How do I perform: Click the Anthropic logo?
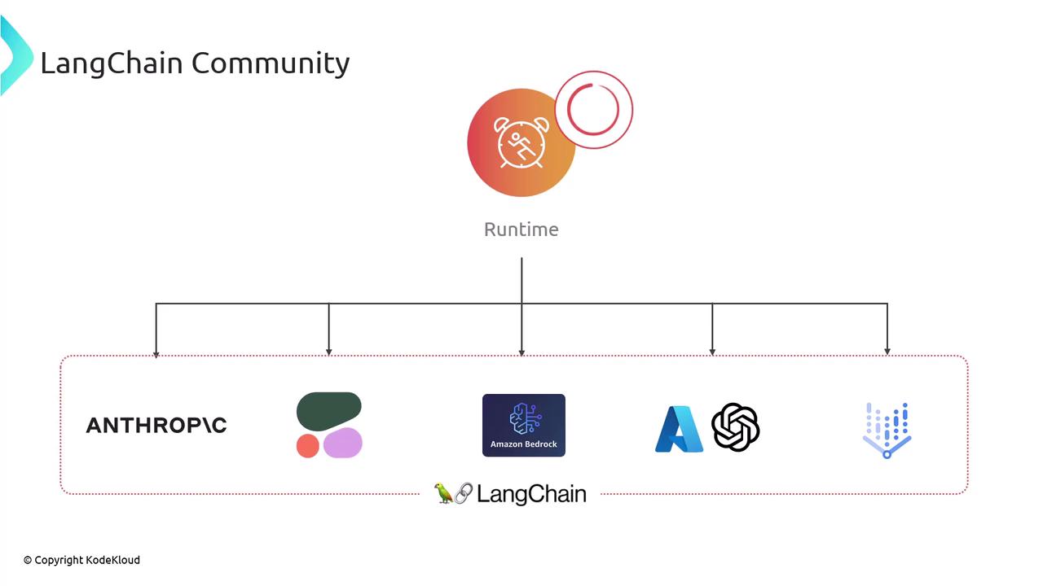click(156, 425)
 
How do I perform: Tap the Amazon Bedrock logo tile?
click(523, 425)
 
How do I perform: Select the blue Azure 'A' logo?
click(679, 429)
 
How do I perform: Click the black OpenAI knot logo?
click(735, 426)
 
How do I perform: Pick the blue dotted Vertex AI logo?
click(887, 430)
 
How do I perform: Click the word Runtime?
click(521, 230)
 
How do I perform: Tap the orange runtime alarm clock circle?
click(521, 143)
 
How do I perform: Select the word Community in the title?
click(271, 63)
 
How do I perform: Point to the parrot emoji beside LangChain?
click(443, 492)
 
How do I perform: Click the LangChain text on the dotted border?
click(531, 494)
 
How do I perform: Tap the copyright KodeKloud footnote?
click(81, 560)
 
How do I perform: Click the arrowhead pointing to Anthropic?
click(156, 352)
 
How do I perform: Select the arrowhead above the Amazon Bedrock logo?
click(521, 352)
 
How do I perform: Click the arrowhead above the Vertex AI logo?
click(887, 352)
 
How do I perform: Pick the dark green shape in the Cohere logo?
click(328, 412)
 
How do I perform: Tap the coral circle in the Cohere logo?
click(307, 446)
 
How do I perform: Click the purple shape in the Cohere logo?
click(343, 443)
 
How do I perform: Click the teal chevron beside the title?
click(15, 57)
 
